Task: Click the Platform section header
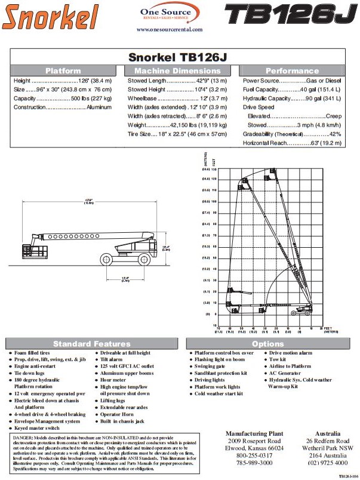[63, 70]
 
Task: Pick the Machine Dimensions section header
[177, 70]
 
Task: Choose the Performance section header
[292, 70]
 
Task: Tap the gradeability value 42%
[334, 134]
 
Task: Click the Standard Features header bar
[100, 344]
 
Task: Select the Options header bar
[268, 344]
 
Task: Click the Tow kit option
[278, 359]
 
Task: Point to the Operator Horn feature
[120, 414]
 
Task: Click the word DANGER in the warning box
[23, 438]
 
